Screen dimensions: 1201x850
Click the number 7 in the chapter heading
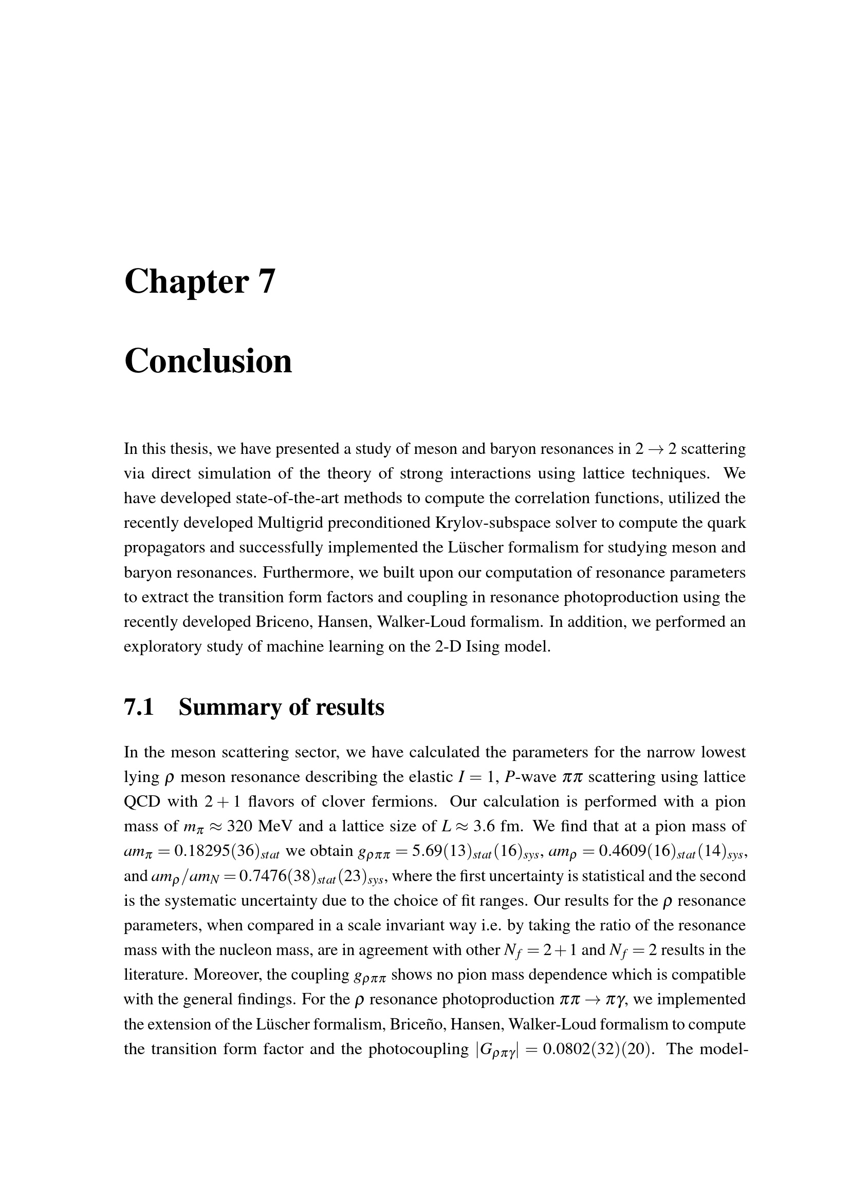(x=266, y=281)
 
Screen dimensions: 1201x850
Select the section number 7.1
(x=139, y=707)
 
